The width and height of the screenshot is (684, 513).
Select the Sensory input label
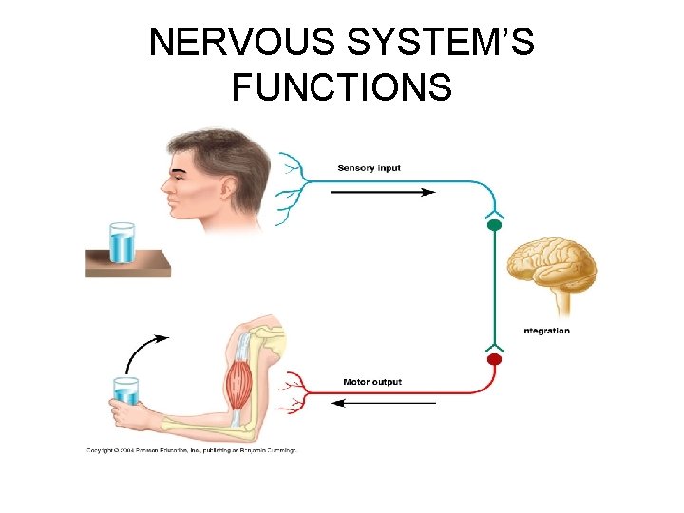click(370, 168)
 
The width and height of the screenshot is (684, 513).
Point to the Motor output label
click(372, 382)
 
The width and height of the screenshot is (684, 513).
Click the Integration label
click(545, 331)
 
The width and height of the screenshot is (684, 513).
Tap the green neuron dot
click(493, 226)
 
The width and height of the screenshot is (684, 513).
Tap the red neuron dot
click(493, 360)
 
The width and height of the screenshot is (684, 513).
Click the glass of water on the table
click(123, 242)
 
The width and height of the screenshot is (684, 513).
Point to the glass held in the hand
click(125, 390)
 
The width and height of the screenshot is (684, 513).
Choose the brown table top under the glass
click(127, 262)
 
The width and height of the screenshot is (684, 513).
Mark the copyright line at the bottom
click(191, 450)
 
